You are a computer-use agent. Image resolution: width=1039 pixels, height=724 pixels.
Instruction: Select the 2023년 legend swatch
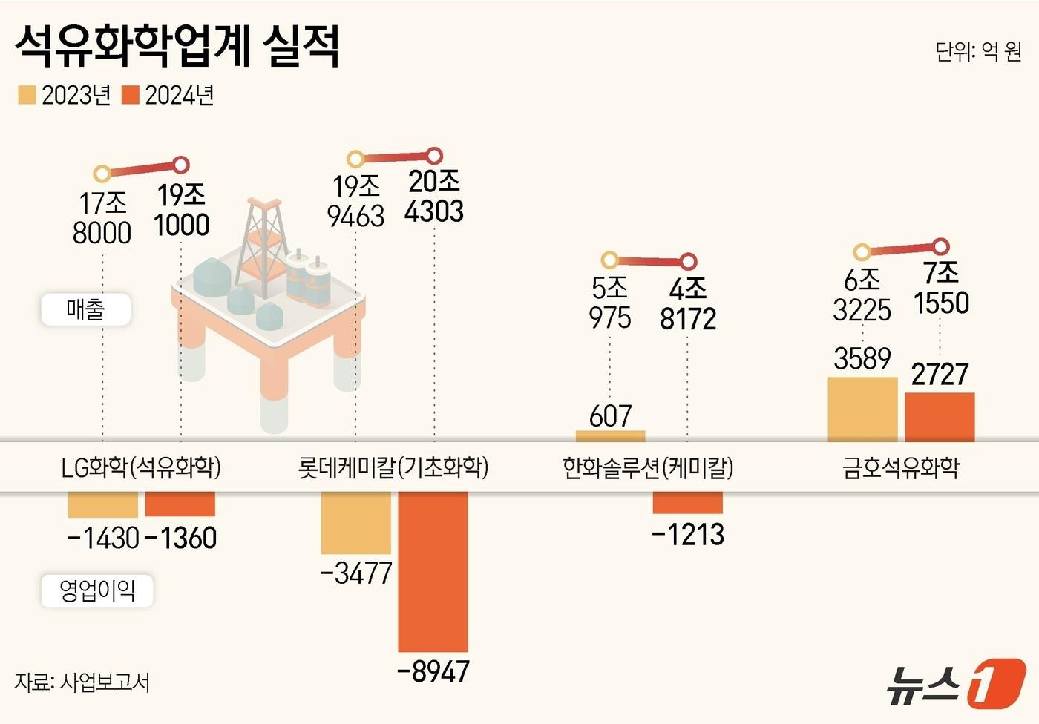click(x=27, y=95)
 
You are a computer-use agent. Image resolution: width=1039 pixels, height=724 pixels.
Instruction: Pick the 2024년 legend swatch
click(x=131, y=95)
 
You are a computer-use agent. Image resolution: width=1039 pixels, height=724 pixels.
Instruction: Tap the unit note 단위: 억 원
click(x=978, y=51)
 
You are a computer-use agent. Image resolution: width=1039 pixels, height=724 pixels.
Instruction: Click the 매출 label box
click(x=86, y=309)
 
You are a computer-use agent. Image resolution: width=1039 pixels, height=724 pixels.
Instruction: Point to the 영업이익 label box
click(x=97, y=590)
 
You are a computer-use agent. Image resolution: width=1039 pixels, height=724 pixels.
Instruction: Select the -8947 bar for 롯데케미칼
click(x=433, y=571)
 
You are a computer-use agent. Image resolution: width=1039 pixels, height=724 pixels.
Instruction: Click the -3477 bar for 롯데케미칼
click(x=355, y=522)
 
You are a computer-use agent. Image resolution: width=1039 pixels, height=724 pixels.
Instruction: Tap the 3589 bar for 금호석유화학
click(x=862, y=409)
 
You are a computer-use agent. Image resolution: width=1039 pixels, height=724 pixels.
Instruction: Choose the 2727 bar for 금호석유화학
click(x=940, y=417)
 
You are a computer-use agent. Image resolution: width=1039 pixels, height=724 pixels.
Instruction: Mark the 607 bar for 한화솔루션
click(x=610, y=436)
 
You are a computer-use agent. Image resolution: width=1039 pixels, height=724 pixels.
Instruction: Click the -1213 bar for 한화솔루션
click(x=687, y=502)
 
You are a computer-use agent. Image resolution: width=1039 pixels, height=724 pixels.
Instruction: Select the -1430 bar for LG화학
click(x=103, y=504)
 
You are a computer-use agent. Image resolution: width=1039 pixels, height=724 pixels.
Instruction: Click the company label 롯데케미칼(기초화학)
click(x=393, y=467)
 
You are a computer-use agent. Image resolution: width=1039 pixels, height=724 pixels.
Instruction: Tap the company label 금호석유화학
click(x=901, y=467)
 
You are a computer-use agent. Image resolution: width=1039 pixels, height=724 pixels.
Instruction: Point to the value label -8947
click(x=433, y=671)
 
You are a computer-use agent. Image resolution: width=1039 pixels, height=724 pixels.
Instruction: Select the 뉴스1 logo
click(x=957, y=682)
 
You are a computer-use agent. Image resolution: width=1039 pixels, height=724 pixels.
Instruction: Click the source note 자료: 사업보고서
click(x=82, y=682)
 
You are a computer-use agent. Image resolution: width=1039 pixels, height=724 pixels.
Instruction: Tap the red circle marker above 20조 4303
click(x=435, y=156)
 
